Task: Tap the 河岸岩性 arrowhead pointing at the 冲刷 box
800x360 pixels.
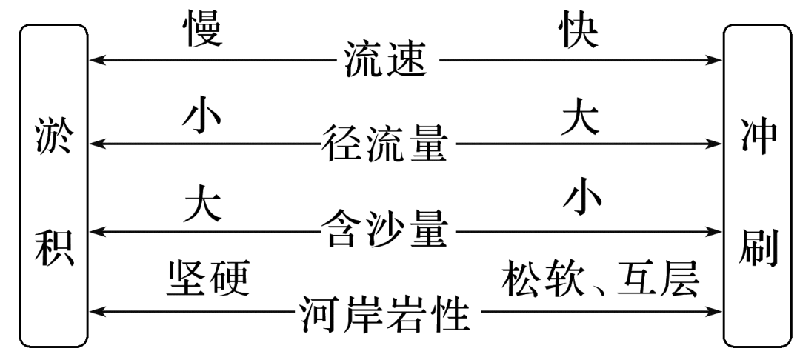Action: [x=714, y=313]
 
